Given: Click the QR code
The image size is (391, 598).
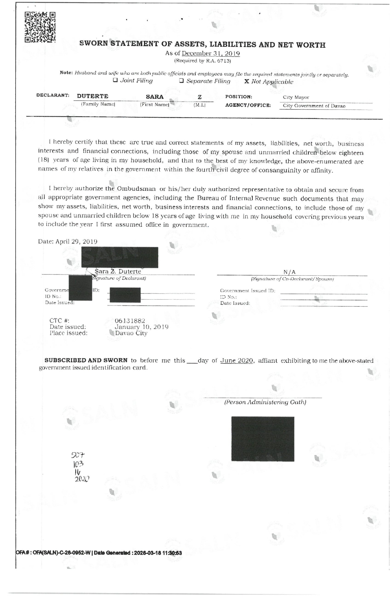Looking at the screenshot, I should (x=40, y=27).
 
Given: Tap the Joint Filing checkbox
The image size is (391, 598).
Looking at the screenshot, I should (x=115, y=80).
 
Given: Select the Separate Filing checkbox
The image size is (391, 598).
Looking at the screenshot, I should (x=182, y=81).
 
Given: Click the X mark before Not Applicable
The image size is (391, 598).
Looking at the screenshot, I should (x=247, y=82).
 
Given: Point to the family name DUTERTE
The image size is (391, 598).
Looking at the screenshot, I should (x=93, y=96).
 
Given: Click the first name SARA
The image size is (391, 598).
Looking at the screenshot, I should (x=155, y=97).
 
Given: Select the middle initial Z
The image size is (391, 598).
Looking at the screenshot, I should (x=200, y=97).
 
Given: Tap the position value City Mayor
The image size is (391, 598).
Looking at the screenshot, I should (x=296, y=97).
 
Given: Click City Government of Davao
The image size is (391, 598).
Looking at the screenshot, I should (x=314, y=106).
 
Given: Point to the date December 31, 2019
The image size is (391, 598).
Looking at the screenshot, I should (x=211, y=53).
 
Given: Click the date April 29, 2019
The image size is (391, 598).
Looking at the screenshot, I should (x=76, y=241).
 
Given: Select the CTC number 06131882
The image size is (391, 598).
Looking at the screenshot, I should (x=130, y=321).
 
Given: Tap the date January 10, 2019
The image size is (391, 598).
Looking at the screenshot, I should (x=141, y=327).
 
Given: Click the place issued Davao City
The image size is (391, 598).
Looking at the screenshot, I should (x=131, y=333).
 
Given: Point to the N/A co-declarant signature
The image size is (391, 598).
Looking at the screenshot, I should (x=289, y=272).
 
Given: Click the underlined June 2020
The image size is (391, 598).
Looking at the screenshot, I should (x=237, y=361).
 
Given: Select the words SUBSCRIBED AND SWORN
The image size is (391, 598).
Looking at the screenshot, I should (x=86, y=360).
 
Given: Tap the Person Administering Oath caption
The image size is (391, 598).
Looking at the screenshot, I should (x=265, y=402).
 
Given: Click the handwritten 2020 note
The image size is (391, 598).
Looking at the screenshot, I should (x=82, y=479).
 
